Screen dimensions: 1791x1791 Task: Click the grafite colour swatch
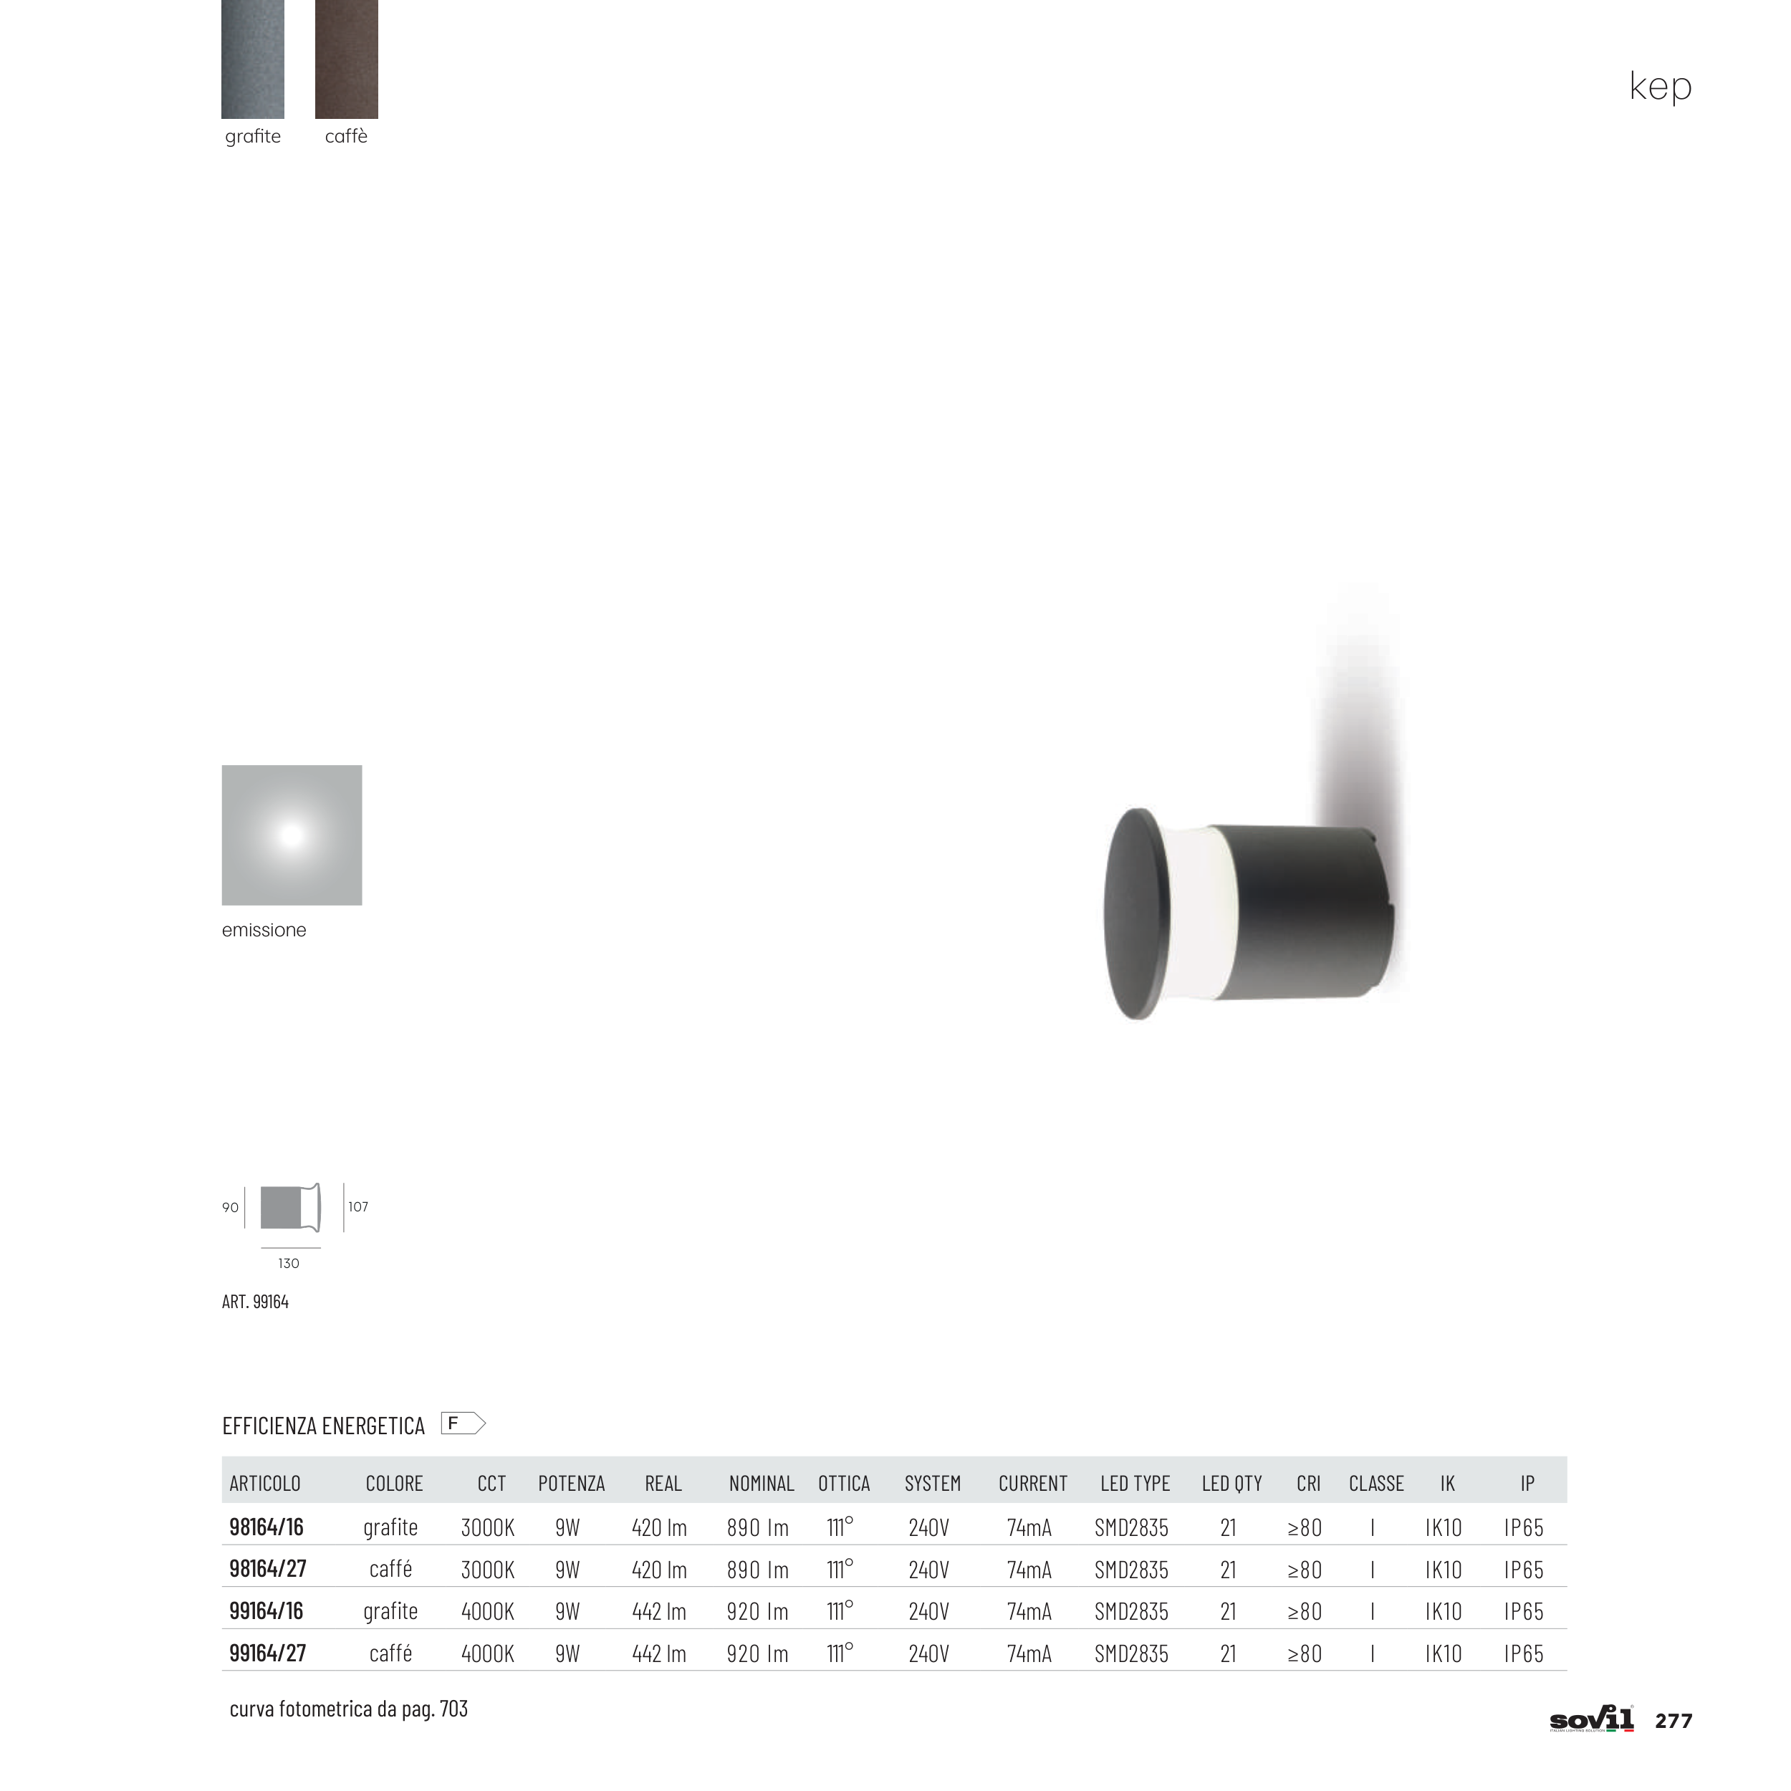252,59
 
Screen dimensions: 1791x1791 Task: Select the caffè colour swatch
347,59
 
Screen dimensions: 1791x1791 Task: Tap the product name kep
1661,86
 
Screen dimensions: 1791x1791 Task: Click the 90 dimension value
230,1207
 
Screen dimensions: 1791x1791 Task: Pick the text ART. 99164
255,1302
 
